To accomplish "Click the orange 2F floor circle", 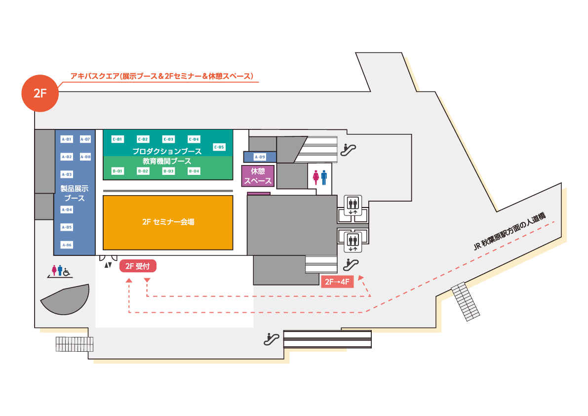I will click(40, 94).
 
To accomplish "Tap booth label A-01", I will click(67, 139).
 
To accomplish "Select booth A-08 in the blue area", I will click(85, 157).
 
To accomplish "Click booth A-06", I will click(67, 245).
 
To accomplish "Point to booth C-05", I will click(219, 147).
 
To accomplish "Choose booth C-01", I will click(118, 139).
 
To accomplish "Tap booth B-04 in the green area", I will click(194, 171).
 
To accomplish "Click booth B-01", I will click(118, 171).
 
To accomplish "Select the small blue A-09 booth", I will click(260, 157).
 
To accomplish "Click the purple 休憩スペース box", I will click(258, 175).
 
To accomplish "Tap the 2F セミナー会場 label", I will click(168, 222).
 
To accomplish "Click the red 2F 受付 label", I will click(138, 267).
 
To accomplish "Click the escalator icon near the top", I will click(350, 147).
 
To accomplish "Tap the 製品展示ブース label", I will click(74, 193).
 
